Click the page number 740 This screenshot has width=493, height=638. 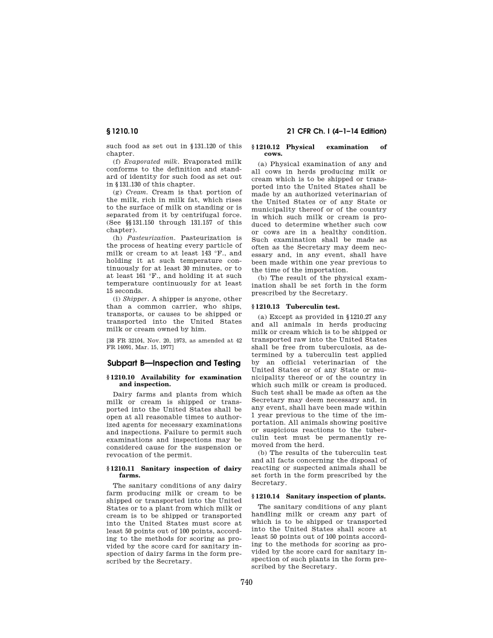[246, 582]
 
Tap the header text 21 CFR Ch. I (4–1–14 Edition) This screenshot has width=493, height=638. [332, 130]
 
